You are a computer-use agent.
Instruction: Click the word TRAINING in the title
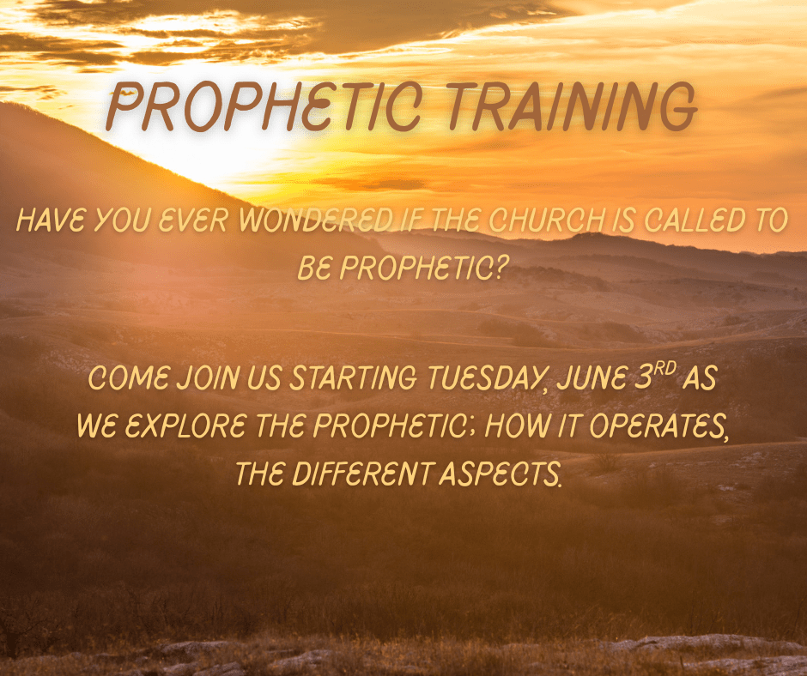(x=572, y=106)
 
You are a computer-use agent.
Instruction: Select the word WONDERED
(x=316, y=220)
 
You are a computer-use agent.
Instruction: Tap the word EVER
(x=192, y=220)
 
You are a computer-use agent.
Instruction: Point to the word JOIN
(x=209, y=377)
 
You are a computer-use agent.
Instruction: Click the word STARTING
(x=353, y=377)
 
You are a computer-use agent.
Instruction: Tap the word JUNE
(x=592, y=377)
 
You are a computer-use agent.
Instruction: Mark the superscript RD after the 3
(x=664, y=369)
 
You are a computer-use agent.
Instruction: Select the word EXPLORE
(x=185, y=426)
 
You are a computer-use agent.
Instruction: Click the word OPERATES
(x=658, y=426)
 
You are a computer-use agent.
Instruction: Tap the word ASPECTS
(x=499, y=474)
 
